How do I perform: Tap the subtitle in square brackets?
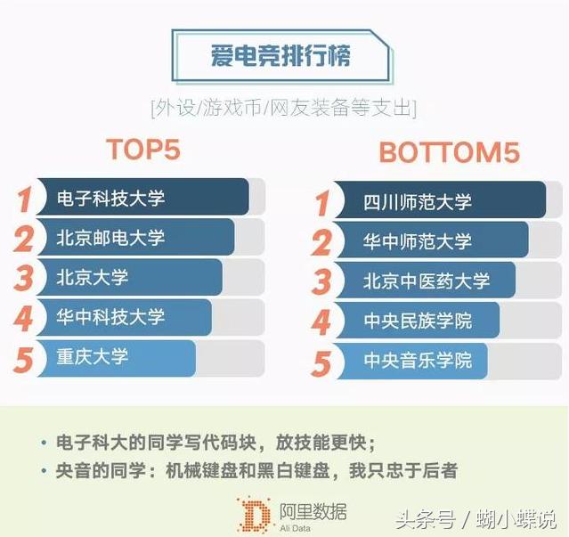(x=283, y=109)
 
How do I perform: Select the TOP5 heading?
(x=143, y=150)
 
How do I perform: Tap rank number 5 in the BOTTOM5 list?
(x=321, y=362)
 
